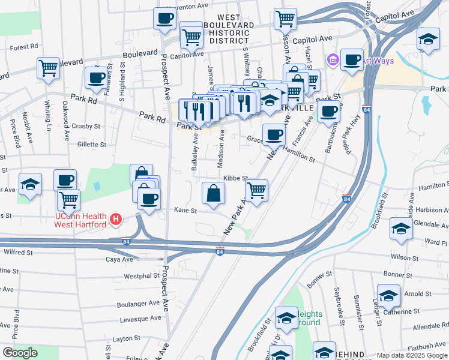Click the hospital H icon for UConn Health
117,220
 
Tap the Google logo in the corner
20,353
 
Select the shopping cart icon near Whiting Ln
48,67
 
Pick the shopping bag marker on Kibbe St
213,193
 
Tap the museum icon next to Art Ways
333,60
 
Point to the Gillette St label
92,145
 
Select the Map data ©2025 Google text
411,355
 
